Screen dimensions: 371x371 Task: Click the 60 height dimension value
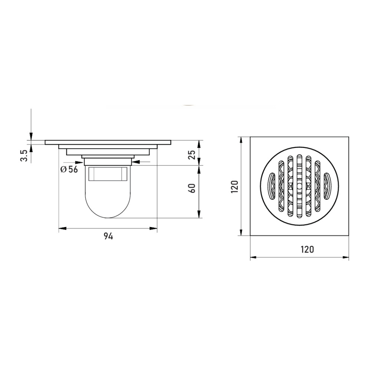192,188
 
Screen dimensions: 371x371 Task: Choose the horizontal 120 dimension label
308,249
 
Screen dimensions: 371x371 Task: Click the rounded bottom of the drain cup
108,208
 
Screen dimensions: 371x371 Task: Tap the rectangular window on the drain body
108,173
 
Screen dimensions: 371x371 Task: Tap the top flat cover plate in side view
108,142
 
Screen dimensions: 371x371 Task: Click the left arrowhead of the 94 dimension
62,229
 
